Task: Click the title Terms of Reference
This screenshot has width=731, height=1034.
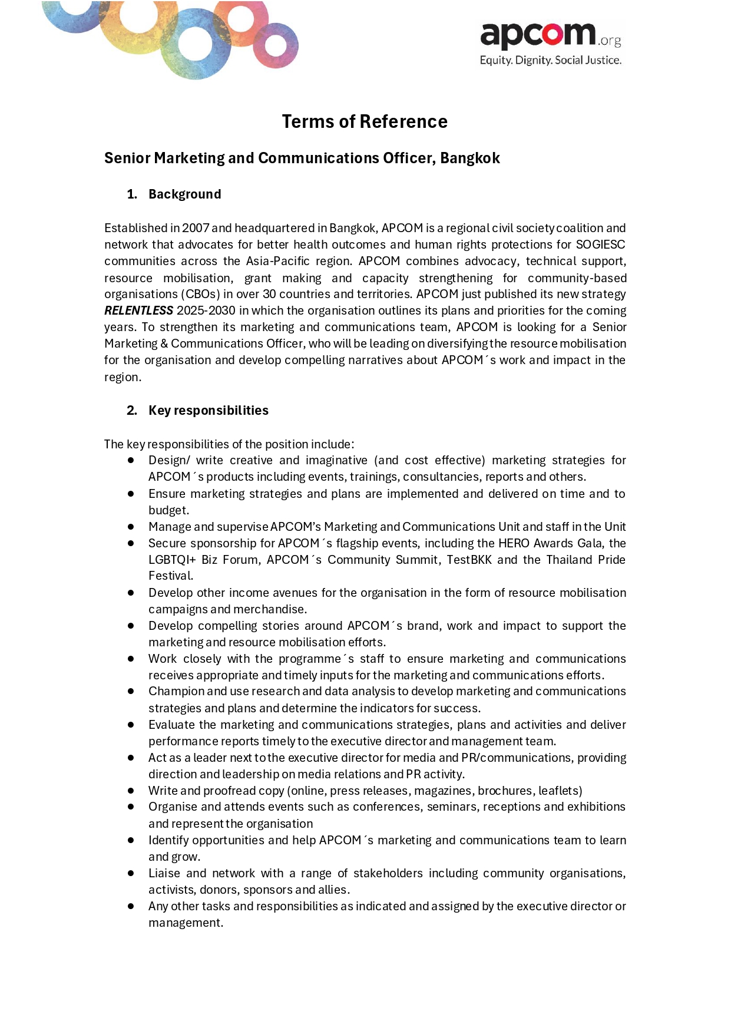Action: [365, 121]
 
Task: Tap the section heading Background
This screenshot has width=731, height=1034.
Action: [184, 194]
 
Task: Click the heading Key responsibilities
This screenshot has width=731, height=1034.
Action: [209, 411]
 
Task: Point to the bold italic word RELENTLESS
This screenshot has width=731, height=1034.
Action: [138, 310]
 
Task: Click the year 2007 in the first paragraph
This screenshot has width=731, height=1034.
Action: [195, 228]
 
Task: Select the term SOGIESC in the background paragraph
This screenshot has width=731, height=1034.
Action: [600, 245]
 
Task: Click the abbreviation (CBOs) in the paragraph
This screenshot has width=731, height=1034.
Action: [200, 294]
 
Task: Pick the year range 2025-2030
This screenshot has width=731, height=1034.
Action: [206, 310]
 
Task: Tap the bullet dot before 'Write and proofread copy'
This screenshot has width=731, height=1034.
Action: [131, 790]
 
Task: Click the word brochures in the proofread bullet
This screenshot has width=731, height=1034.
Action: [505, 791]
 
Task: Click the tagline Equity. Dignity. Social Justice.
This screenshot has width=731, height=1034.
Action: [550, 60]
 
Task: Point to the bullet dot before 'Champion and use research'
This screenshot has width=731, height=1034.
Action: [131, 691]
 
